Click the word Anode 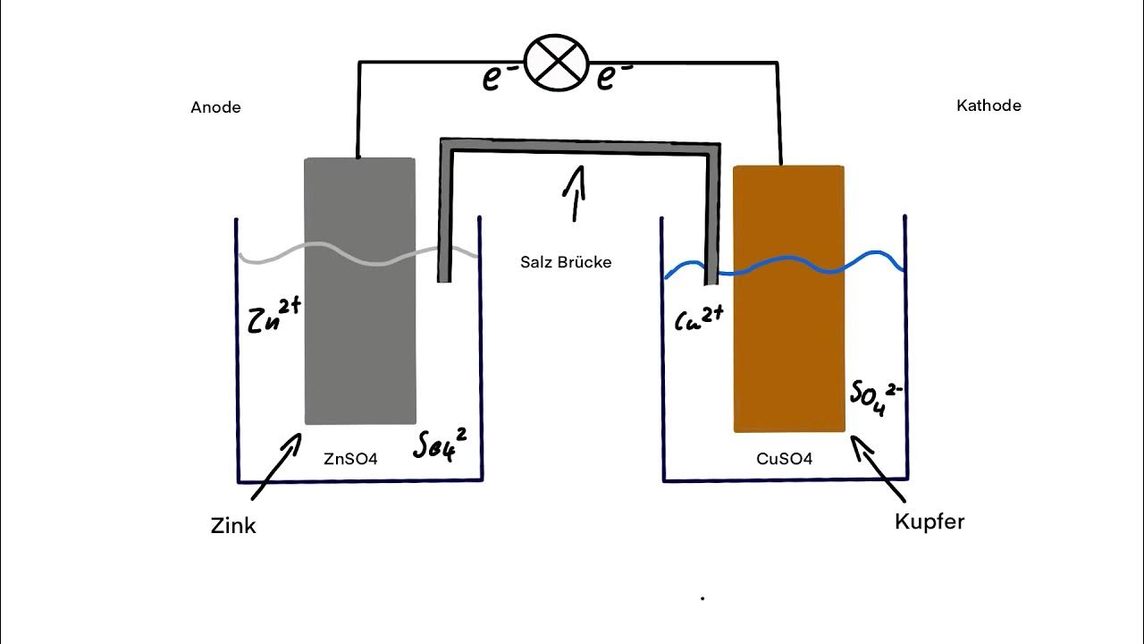[215, 107]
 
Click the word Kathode [988, 106]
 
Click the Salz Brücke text [566, 262]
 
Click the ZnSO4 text [350, 459]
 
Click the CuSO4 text [784, 459]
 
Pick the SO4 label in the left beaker [439, 444]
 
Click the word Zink [233, 526]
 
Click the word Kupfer [929, 521]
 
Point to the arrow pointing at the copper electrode [878, 466]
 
